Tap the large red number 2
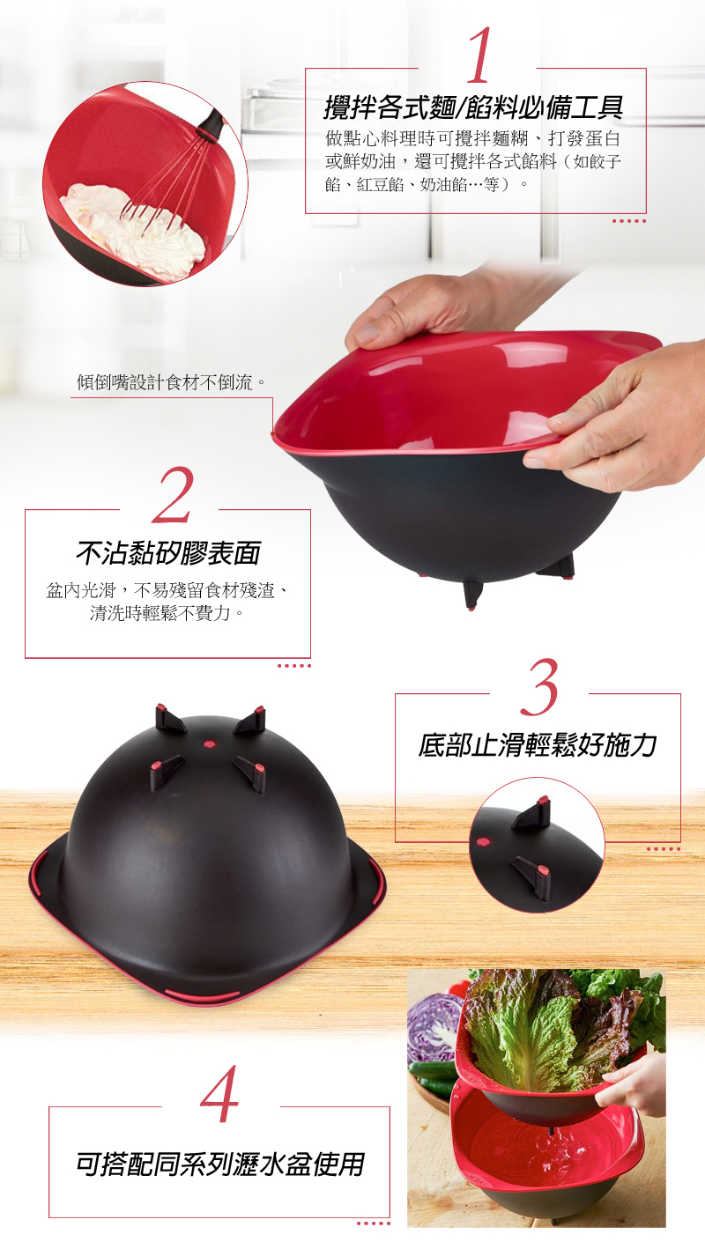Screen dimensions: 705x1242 click(x=173, y=494)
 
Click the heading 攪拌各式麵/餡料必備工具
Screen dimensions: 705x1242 click(x=474, y=107)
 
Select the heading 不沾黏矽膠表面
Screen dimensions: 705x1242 click(x=168, y=552)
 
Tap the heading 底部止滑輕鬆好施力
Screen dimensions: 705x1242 click(x=537, y=744)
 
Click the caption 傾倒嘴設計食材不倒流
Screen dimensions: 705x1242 click(x=170, y=382)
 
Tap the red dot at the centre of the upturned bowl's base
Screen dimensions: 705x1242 click(x=210, y=743)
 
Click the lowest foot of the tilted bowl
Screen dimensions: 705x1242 click(x=472, y=595)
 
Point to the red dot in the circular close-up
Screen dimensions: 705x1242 click(x=483, y=842)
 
